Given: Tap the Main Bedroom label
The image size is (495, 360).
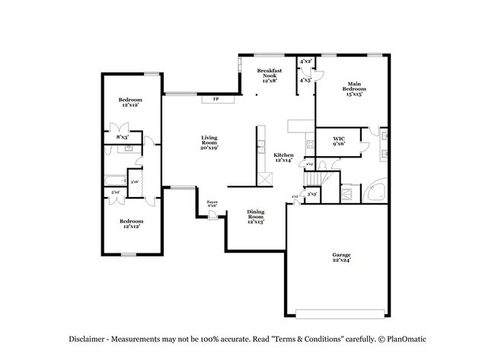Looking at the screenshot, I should click(x=354, y=88).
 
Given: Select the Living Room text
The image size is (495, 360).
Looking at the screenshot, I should click(x=209, y=142).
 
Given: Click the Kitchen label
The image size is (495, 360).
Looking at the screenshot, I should click(x=283, y=158).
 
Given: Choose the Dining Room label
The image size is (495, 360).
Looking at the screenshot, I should click(x=256, y=216).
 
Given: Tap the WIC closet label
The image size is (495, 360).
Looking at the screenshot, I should click(x=339, y=141).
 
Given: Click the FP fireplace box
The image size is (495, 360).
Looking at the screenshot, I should click(x=216, y=99).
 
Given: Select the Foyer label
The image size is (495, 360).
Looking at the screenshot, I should click(x=212, y=204).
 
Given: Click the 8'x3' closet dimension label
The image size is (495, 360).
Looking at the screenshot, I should click(x=122, y=138).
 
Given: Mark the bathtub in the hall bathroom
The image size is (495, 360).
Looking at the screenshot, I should click(x=116, y=180).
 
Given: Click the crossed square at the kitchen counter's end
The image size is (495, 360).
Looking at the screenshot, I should click(x=264, y=177).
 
